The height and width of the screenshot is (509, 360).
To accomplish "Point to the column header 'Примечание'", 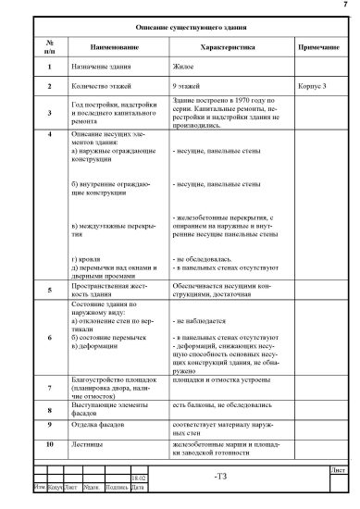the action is pyautogui.click(x=317, y=46).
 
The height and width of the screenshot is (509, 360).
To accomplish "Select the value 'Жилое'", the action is pyautogui.click(x=184, y=68).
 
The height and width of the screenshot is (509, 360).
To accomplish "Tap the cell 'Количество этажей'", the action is pyautogui.click(x=103, y=86).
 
